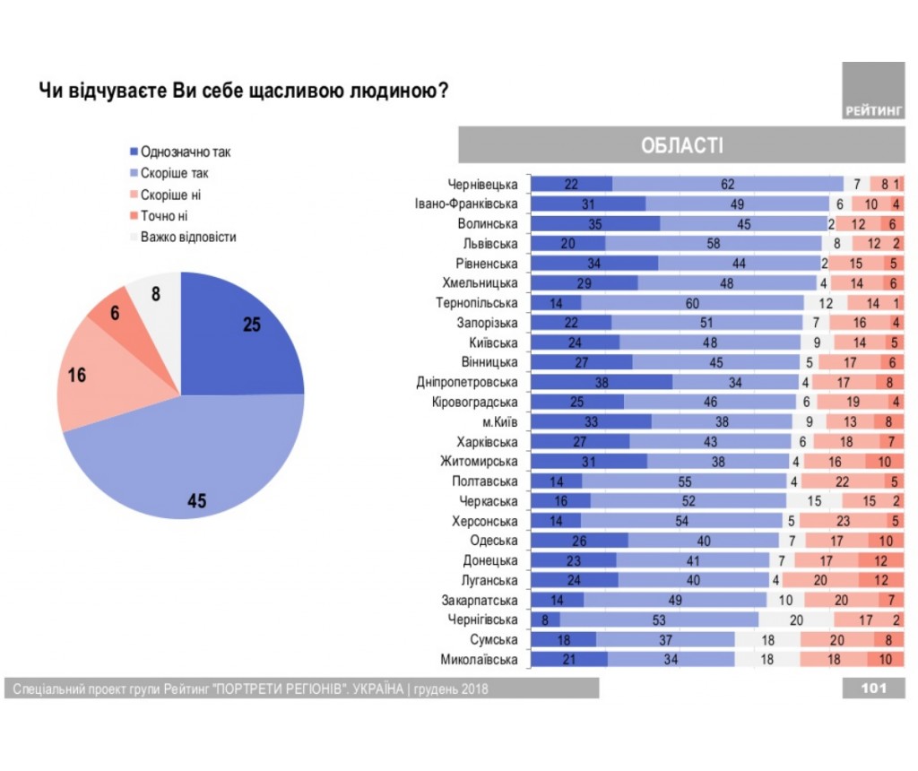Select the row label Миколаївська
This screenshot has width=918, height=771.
480,660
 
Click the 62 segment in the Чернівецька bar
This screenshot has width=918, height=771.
728,185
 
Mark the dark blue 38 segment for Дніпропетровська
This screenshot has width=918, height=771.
602,383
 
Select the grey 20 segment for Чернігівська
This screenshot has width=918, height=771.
796,620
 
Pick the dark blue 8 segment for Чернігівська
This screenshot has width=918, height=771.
545,620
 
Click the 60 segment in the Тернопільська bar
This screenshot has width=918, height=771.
693,303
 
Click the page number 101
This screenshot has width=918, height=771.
873,688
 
